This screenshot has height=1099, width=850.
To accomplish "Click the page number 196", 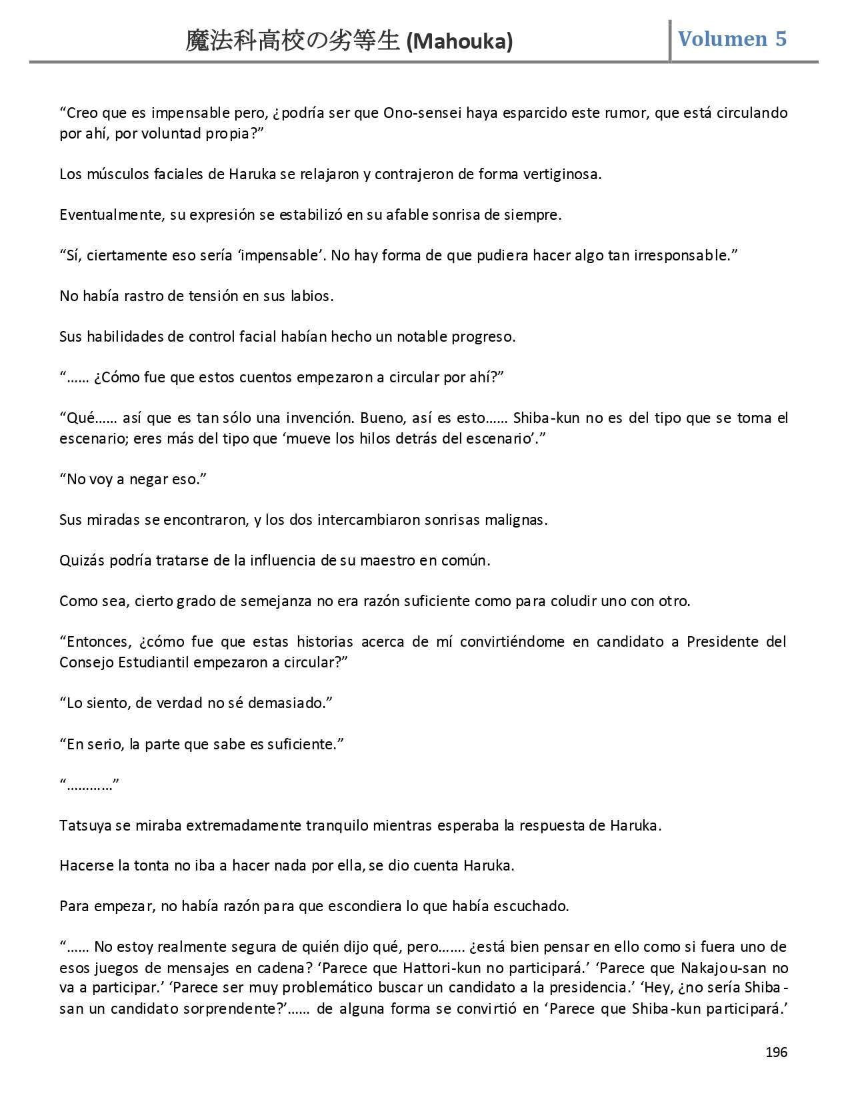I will point(776,1052).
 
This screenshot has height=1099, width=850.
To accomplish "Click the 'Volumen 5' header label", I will point(732,39).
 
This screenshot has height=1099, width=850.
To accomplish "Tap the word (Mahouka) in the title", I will point(459,42).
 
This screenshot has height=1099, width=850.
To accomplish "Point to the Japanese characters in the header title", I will point(293,41).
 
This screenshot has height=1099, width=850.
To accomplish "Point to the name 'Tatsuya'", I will point(85,825).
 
